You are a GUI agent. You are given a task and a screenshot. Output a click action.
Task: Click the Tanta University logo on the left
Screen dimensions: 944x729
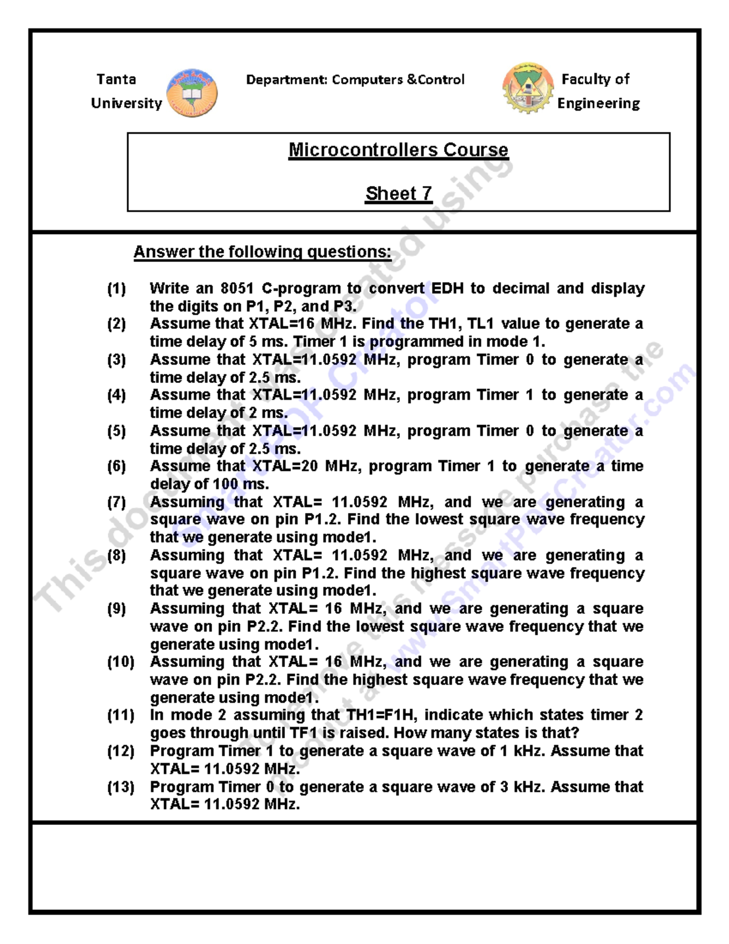click(x=192, y=93)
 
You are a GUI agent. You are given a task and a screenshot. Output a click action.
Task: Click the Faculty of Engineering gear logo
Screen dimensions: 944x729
click(x=527, y=89)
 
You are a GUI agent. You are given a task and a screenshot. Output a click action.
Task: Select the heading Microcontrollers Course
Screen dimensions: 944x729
click(x=398, y=150)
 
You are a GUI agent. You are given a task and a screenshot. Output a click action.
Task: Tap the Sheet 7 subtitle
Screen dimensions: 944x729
click(x=398, y=194)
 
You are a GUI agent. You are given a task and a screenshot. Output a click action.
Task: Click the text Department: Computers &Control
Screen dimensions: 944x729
click(x=355, y=80)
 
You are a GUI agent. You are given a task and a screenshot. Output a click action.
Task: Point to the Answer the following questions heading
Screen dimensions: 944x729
click(x=262, y=252)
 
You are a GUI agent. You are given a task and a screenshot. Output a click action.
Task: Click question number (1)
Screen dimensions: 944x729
click(x=117, y=288)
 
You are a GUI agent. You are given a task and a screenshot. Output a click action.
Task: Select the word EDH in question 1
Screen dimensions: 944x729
click(x=447, y=288)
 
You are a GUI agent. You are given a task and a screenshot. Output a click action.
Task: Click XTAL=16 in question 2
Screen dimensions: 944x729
click(x=280, y=323)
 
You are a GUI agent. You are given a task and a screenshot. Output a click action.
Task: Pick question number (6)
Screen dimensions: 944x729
click(x=117, y=466)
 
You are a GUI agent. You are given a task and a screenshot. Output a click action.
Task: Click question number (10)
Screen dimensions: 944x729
click(x=120, y=662)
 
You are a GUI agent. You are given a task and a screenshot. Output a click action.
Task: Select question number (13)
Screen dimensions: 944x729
click(x=120, y=787)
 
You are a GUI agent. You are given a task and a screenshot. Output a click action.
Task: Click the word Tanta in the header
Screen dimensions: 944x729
click(x=116, y=80)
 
